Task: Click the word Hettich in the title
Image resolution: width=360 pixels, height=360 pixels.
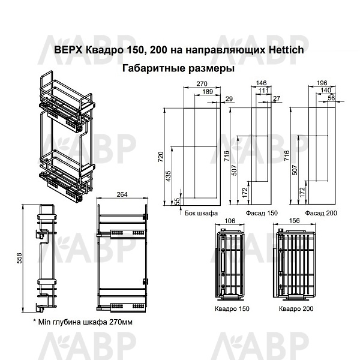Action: click(286, 50)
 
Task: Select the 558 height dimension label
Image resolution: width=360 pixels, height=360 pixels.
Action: click(20, 258)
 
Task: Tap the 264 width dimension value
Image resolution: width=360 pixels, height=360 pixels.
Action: click(122, 194)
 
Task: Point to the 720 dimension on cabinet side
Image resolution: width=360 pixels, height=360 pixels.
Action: click(161, 157)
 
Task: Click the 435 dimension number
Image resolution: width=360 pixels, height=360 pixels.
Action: click(168, 176)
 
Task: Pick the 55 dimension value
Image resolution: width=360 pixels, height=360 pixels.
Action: click(177, 202)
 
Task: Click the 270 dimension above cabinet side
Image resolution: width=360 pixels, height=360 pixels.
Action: click(202, 83)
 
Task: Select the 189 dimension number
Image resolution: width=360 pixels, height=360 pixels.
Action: click(208, 92)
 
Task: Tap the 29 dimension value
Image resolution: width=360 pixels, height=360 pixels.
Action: click(229, 99)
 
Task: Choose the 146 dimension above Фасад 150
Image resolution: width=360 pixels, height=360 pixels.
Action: click(261, 83)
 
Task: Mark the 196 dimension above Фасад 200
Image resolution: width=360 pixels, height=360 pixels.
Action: click(322, 83)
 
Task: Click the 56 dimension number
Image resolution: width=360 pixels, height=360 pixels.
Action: click(331, 98)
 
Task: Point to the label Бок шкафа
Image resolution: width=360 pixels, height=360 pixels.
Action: click(201, 213)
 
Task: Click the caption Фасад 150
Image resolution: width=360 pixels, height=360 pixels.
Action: click(262, 213)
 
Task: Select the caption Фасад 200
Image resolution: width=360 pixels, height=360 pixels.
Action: click(321, 213)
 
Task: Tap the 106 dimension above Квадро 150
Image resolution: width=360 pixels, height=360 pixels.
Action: click(230, 221)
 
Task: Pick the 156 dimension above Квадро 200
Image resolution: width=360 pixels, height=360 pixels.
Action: click(295, 221)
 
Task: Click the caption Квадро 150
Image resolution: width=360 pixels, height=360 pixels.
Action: click(232, 308)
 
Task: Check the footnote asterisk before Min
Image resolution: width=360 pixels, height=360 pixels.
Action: click(35, 320)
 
